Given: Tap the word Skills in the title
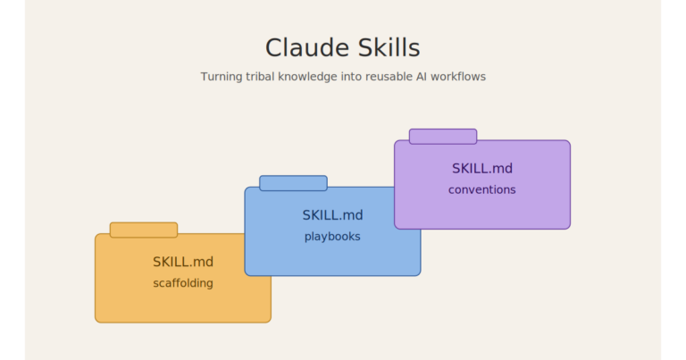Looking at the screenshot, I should [x=385, y=47].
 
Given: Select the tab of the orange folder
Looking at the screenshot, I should [x=143, y=230].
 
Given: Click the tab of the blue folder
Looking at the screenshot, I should [x=293, y=183].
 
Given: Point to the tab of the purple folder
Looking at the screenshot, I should [x=442, y=137].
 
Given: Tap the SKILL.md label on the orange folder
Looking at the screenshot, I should [x=183, y=262].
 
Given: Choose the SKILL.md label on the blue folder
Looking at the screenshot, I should [x=332, y=215].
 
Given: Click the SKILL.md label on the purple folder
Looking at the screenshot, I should [x=481, y=168].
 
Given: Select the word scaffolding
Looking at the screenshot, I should [x=183, y=283].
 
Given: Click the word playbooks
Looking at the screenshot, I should [x=332, y=237].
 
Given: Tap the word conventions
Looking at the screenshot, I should [x=481, y=189].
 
